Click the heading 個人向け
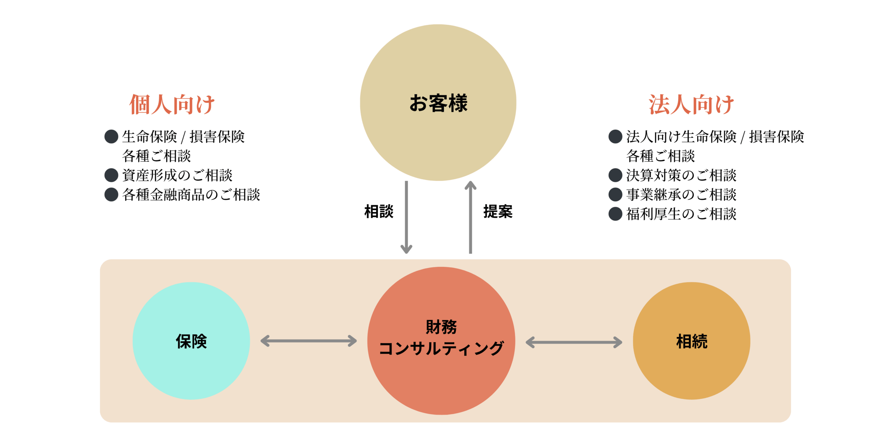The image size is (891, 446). point(172,104)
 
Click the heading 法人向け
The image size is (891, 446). point(691,104)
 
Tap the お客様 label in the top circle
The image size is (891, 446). point(438,103)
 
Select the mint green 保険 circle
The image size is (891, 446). point(191,341)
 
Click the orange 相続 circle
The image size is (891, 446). point(692,341)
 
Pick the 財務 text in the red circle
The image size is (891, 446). point(441,327)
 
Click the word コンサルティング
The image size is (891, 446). point(441,348)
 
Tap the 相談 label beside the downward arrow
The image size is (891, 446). point(379,212)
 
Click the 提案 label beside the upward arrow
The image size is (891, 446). point(498,212)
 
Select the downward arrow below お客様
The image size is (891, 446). point(406,217)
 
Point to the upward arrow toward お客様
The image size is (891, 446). point(471,217)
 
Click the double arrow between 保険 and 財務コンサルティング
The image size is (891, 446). point(309,341)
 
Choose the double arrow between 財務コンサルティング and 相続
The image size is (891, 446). point(574,342)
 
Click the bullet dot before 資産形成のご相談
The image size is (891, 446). point(111,175)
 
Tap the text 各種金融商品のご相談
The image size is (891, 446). point(191,194)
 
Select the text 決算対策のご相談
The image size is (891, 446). point(681,175)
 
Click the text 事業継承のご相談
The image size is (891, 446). point(681,194)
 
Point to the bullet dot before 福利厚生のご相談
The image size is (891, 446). point(615,214)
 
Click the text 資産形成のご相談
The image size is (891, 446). point(177,175)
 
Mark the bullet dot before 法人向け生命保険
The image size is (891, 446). point(615,137)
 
